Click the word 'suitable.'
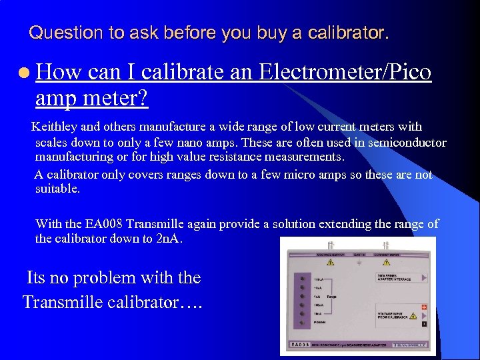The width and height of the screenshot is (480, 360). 57,189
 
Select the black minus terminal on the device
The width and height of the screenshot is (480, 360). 423,317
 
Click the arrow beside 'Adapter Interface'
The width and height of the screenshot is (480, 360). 423,277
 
